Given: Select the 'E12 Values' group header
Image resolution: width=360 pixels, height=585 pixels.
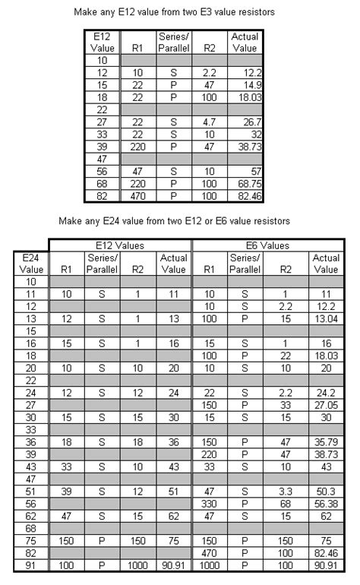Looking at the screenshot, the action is click(x=121, y=245).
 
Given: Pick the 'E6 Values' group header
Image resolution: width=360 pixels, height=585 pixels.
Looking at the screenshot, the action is click(x=269, y=245).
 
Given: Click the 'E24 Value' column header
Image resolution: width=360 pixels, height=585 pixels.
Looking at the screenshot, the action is click(x=30, y=263).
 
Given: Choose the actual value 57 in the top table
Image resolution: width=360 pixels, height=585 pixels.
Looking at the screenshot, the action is click(x=245, y=170).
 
